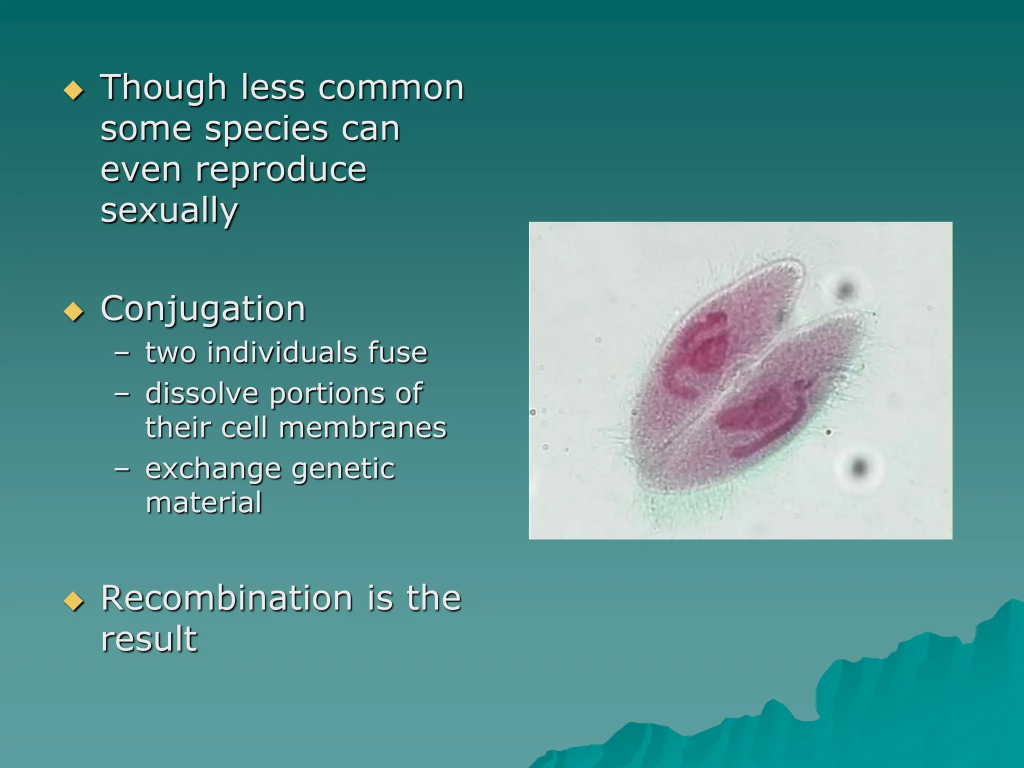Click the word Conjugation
tap(203, 309)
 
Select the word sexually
tap(169, 211)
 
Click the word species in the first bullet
tap(266, 129)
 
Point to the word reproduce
tap(281, 170)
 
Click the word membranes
tap(362, 428)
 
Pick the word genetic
tap(343, 469)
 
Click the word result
tap(149, 639)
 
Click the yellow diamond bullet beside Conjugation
tap(74, 311)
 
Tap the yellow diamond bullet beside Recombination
tap(74, 601)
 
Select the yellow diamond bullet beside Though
tap(74, 90)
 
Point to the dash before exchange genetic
tap(122, 469)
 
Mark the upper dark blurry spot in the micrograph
tap(845, 289)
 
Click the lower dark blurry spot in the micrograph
tap(859, 467)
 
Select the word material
tap(204, 503)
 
